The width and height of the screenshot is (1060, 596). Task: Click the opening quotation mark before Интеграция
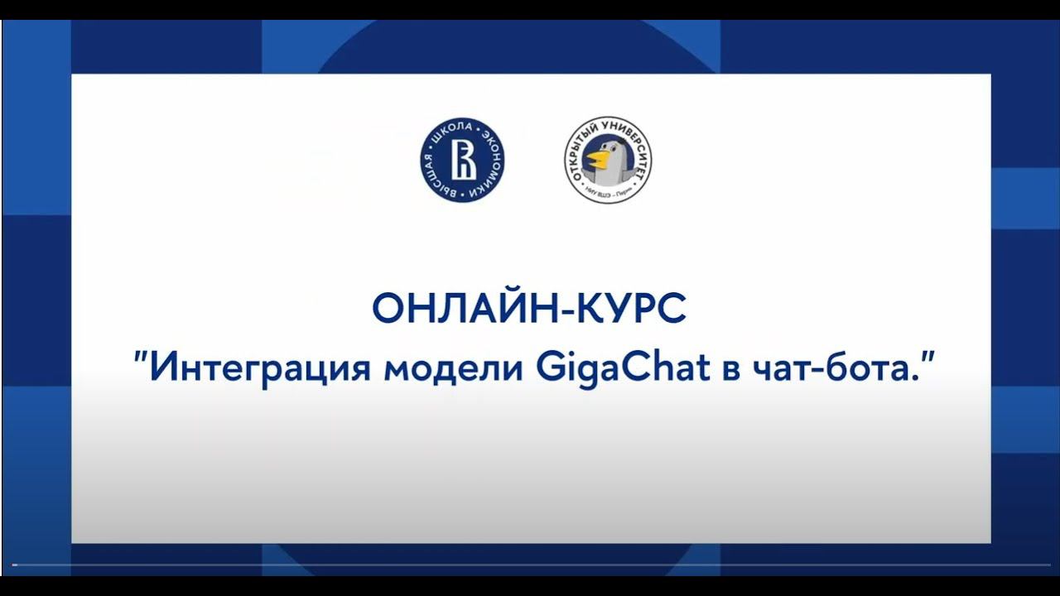[x=141, y=358]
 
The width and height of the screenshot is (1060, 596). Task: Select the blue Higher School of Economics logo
[x=464, y=160]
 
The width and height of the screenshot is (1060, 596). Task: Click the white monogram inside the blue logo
[x=464, y=160]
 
